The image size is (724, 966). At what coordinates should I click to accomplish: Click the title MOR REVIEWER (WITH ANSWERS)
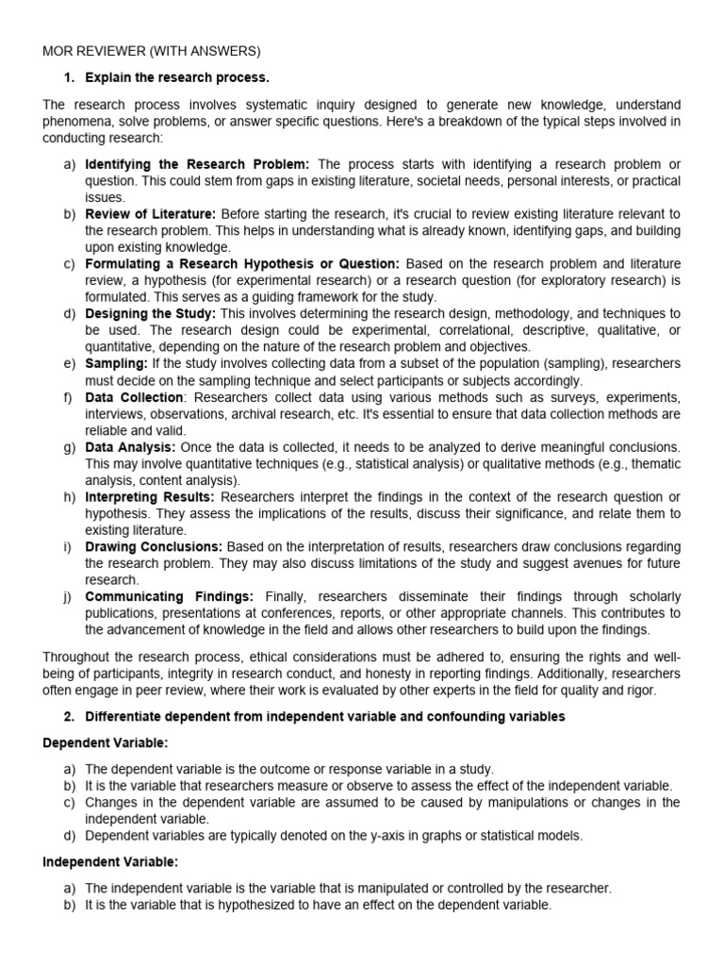[x=152, y=50]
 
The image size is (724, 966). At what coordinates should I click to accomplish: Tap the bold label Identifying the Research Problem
[x=197, y=164]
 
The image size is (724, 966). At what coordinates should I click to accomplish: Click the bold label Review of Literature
[x=151, y=214]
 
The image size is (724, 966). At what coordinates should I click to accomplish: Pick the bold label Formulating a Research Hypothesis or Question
[x=242, y=263]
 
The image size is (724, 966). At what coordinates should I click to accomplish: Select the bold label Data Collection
[x=134, y=397]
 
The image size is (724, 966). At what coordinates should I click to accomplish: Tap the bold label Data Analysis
[x=130, y=446]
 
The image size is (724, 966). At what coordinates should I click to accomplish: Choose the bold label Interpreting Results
[x=150, y=496]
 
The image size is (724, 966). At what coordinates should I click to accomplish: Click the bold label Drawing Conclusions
[x=154, y=546]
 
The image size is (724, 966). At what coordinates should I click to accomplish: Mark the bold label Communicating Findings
[x=169, y=596]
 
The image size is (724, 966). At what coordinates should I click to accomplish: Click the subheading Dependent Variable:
[x=104, y=743]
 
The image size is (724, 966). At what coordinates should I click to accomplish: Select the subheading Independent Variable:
[x=110, y=861]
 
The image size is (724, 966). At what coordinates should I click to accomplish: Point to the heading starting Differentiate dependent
[x=324, y=717]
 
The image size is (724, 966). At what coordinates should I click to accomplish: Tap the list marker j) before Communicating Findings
[x=70, y=596]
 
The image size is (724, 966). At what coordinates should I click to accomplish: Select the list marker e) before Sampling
[x=70, y=363]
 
